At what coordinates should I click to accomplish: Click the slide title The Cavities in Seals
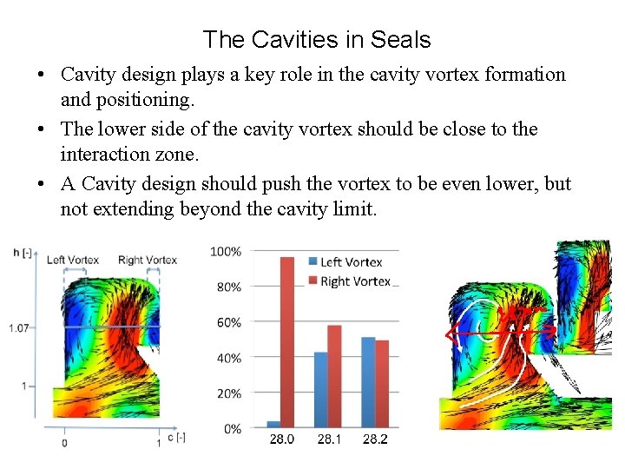316,39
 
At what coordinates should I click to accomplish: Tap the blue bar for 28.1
320,390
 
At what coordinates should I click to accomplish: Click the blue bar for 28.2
368,383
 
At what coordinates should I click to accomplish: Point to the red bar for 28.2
382,384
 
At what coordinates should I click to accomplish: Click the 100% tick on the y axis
226,252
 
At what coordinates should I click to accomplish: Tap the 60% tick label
228,323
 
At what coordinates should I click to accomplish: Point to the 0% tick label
232,429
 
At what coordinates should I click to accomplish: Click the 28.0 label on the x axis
281,439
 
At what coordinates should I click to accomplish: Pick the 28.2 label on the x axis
375,439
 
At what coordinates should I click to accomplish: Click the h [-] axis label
23,252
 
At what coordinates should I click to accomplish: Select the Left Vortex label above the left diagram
73,260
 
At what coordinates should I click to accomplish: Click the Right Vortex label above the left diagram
148,260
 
